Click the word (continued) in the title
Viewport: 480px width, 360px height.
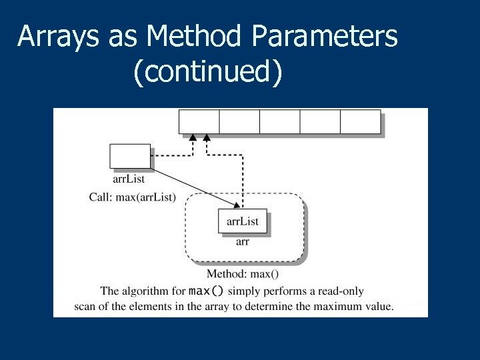[208, 73]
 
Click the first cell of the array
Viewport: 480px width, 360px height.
[199, 123]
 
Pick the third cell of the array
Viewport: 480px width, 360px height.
[279, 123]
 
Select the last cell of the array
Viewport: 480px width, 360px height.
[360, 123]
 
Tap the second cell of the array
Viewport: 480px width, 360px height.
[239, 123]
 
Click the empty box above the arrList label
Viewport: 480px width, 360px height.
[129, 156]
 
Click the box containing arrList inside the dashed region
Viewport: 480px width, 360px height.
[243, 221]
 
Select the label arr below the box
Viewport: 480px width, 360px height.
[243, 241]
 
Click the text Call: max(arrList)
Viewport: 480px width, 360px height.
[133, 197]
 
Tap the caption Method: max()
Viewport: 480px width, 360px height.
[243, 274]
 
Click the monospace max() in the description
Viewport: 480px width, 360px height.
[207, 291]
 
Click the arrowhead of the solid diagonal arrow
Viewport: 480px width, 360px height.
[237, 205]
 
